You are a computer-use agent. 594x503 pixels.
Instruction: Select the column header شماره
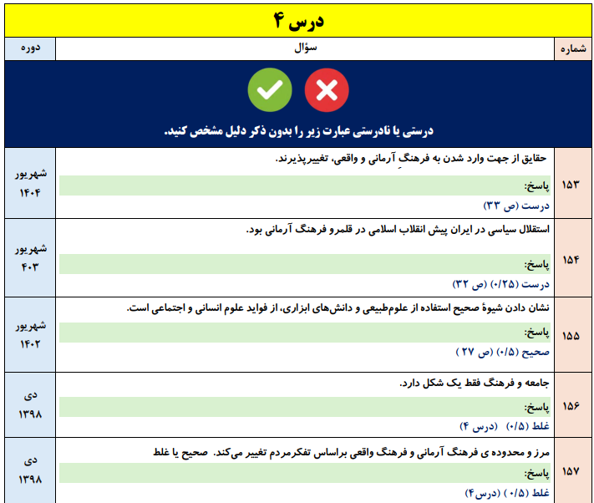click(573, 49)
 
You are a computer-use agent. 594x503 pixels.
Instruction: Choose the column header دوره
click(30, 49)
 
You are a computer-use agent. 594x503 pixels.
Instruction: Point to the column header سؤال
click(306, 49)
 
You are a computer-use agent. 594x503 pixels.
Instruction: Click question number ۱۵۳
click(573, 183)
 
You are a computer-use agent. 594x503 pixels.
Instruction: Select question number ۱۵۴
click(573, 258)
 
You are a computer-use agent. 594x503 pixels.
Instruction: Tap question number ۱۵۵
click(573, 337)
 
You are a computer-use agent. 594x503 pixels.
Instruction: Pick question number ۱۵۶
click(573, 405)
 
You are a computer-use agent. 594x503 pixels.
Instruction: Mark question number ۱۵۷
click(573, 471)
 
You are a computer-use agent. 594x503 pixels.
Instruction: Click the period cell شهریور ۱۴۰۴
click(30, 183)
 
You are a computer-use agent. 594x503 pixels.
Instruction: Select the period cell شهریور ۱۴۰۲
click(30, 335)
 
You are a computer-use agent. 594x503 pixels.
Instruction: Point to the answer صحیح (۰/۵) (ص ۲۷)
click(500, 353)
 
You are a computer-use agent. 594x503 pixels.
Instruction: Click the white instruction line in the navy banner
click(298, 131)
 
